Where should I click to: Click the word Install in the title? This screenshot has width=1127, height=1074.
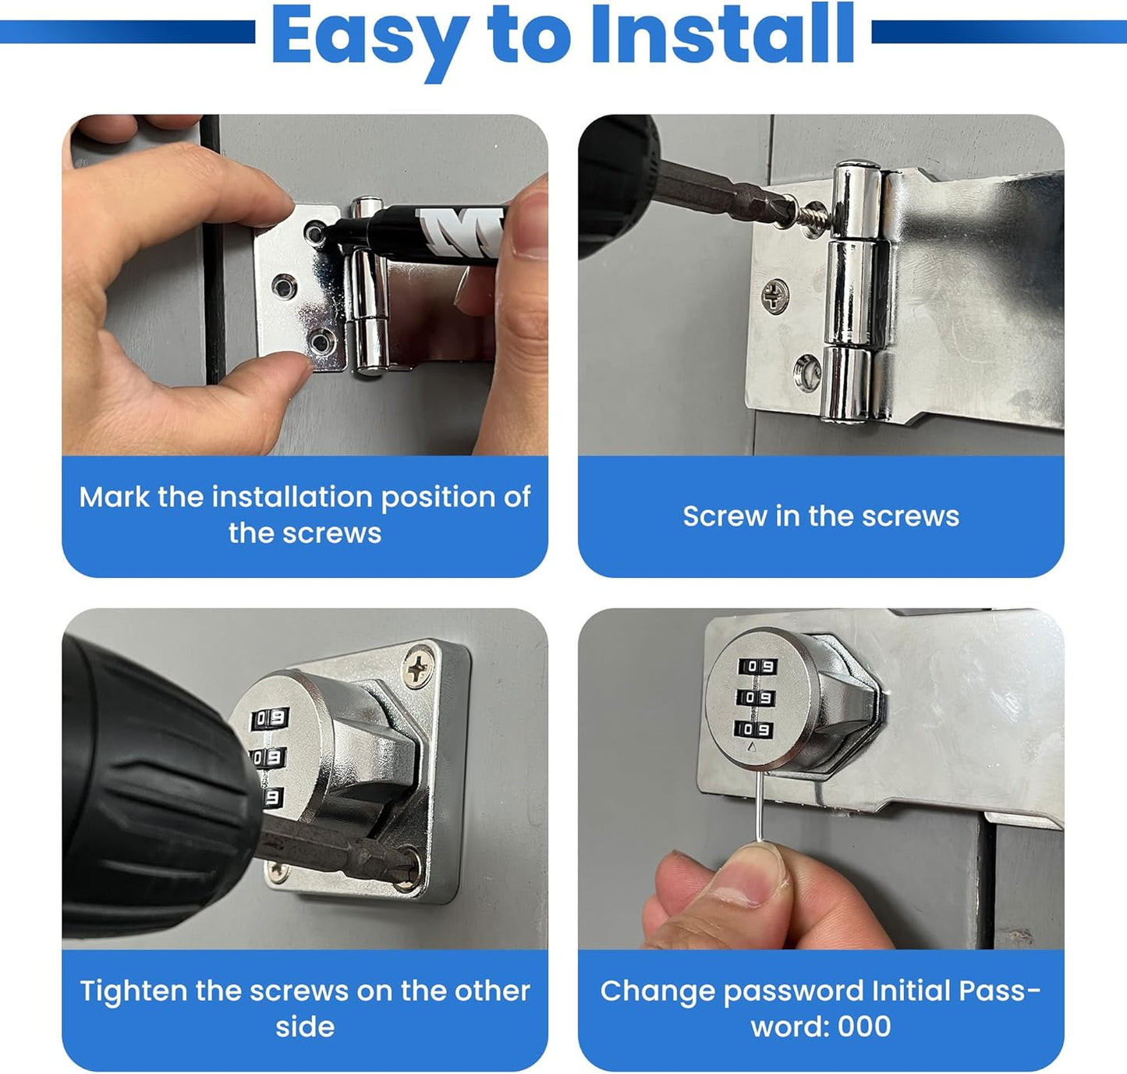pos(722,35)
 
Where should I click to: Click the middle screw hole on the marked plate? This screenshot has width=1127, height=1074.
pos(283,286)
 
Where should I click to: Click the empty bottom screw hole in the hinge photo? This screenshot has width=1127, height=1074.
pos(807,370)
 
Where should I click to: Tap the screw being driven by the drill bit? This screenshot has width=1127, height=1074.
pos(811,211)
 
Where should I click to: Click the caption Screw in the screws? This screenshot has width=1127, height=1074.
pos(820,516)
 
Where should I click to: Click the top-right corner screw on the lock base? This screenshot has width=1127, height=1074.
pos(419,667)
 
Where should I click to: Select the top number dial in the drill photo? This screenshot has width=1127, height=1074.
pos(269,718)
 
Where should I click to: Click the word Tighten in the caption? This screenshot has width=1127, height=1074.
pos(133,991)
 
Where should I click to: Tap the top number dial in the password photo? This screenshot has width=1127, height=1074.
pos(757,666)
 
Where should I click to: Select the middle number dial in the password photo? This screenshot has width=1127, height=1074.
pos(756,697)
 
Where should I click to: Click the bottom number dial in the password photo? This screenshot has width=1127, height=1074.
pos(754,729)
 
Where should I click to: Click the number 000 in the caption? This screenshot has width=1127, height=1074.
pos(864,1026)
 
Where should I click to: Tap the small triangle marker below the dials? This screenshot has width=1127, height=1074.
pos(752,746)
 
